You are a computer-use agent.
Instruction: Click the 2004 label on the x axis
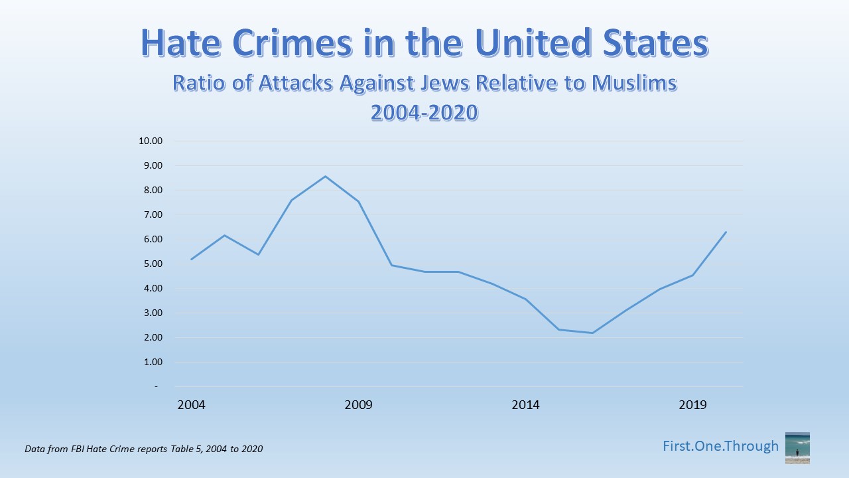click(191, 405)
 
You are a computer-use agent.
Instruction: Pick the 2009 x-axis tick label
click(358, 405)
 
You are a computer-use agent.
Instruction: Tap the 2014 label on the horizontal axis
click(525, 405)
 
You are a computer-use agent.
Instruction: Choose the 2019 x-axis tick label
click(693, 405)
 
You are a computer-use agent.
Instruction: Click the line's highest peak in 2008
click(325, 176)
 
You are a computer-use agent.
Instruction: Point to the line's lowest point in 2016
click(592, 333)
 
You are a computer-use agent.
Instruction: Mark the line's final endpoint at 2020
click(726, 232)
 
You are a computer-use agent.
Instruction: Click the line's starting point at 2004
click(191, 259)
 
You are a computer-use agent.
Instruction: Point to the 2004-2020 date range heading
click(424, 112)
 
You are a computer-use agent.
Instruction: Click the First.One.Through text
click(720, 446)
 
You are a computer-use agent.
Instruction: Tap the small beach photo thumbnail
click(797, 447)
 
